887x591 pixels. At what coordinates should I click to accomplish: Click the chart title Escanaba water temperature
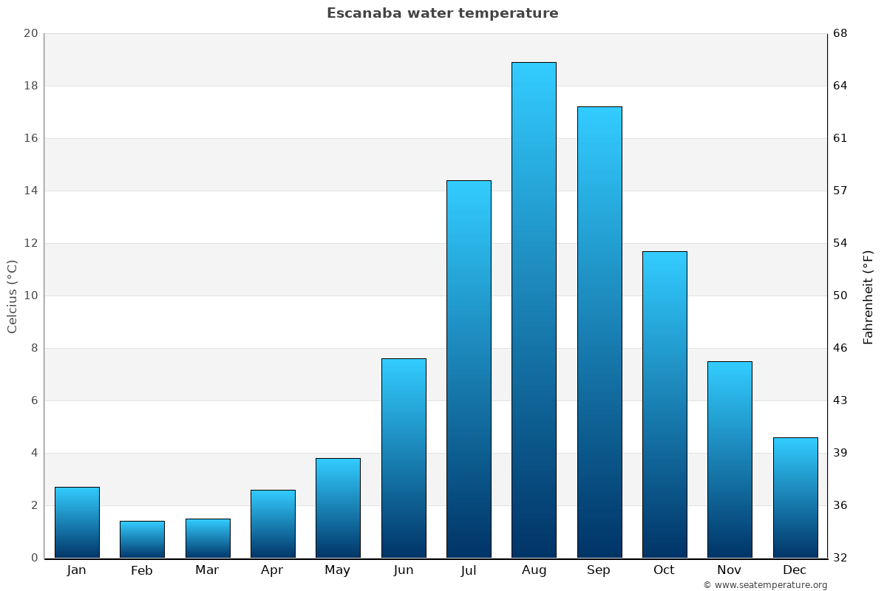click(x=443, y=13)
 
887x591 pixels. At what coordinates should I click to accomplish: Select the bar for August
click(x=534, y=310)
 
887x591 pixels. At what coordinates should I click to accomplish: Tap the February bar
click(x=142, y=539)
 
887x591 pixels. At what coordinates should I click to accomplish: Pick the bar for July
click(x=469, y=369)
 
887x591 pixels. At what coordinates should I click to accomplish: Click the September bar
click(x=599, y=332)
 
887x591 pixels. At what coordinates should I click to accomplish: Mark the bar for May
click(x=338, y=508)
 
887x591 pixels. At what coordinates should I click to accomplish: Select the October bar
click(x=665, y=404)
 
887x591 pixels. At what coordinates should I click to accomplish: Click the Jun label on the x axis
click(x=404, y=570)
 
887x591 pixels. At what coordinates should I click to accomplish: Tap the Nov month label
click(x=730, y=570)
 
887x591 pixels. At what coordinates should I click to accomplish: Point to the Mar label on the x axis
click(x=207, y=570)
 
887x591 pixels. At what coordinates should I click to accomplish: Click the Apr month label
click(x=272, y=570)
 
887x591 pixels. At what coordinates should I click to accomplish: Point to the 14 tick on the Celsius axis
click(x=30, y=191)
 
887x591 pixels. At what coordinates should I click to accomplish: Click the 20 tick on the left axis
click(x=30, y=33)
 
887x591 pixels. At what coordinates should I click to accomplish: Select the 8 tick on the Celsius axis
click(x=34, y=348)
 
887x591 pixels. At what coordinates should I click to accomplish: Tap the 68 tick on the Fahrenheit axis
click(x=840, y=33)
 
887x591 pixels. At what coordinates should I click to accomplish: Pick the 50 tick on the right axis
click(x=840, y=295)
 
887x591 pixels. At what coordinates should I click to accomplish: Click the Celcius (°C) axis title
click(x=12, y=295)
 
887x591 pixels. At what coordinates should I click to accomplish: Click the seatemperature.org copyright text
click(x=765, y=585)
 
